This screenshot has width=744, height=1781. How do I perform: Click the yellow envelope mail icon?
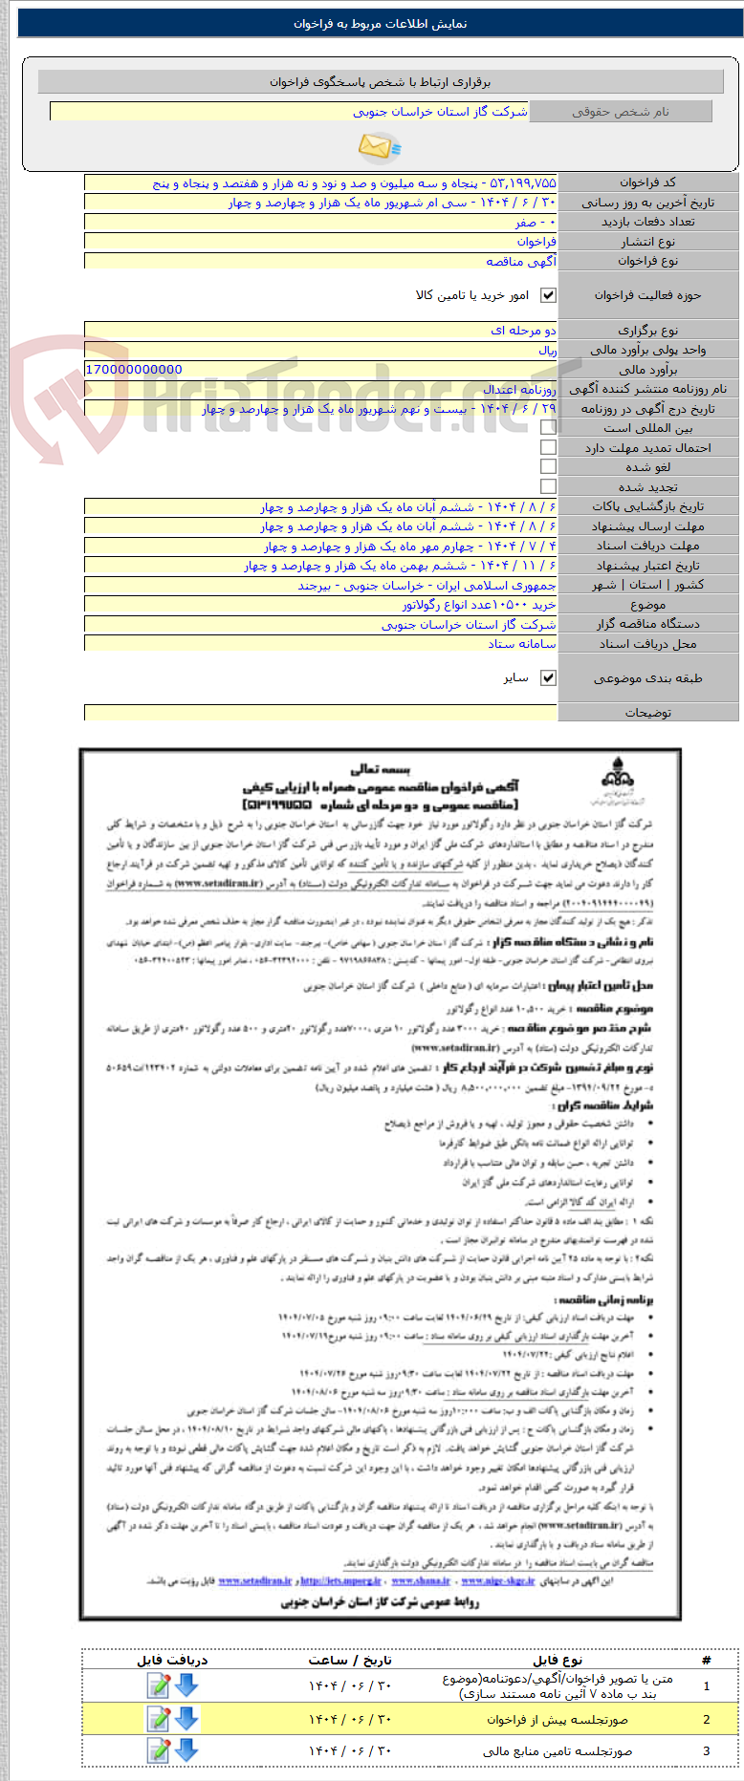click(x=379, y=147)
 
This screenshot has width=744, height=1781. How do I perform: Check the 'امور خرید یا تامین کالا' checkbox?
click(x=548, y=295)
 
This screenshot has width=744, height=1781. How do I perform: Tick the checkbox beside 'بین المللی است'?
click(x=548, y=428)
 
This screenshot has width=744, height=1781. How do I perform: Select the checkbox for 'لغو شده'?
click(x=548, y=467)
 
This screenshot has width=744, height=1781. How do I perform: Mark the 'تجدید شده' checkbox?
click(x=548, y=486)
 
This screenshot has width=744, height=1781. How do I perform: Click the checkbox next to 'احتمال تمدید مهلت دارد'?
click(x=548, y=447)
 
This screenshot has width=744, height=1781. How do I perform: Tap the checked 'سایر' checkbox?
click(x=548, y=677)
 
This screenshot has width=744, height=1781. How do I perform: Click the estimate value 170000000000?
click(x=134, y=370)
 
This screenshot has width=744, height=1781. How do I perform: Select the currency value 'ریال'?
click(x=547, y=350)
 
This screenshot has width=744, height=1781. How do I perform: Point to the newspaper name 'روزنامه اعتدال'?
click(x=520, y=389)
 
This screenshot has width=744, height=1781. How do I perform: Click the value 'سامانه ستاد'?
click(x=522, y=644)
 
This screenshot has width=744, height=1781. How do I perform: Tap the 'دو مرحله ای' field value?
click(x=523, y=331)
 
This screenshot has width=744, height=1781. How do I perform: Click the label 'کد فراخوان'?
click(x=647, y=182)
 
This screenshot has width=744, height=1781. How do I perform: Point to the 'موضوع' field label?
click(x=647, y=605)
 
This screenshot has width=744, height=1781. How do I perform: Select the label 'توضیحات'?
click(x=647, y=713)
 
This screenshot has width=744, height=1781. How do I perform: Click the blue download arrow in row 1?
click(x=186, y=1685)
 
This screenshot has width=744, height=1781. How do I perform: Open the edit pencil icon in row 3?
click(x=158, y=1750)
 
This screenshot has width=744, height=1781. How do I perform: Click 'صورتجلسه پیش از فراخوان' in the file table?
click(x=558, y=1720)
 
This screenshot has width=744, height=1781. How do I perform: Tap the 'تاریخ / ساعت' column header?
click(x=350, y=1660)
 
